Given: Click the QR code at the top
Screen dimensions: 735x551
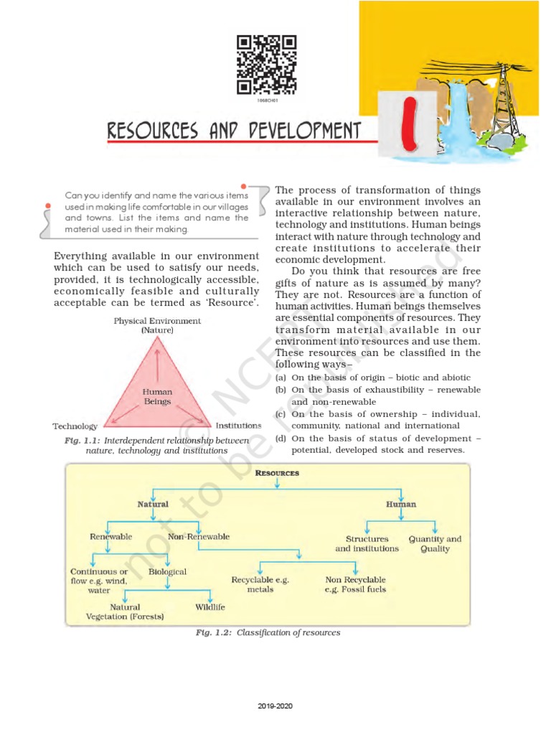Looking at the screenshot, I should point(266,65).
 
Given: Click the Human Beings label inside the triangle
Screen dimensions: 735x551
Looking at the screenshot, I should point(157,397).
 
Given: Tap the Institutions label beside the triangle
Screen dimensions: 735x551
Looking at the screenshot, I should point(238,426).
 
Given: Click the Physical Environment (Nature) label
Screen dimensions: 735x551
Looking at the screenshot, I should point(157,325).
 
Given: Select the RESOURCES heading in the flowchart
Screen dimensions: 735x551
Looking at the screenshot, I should point(277,474).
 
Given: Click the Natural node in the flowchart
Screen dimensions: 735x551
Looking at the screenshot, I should point(153,505).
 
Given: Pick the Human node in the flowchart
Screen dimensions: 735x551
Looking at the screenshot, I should point(400,505).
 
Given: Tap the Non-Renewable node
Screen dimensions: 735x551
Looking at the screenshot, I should point(199,536).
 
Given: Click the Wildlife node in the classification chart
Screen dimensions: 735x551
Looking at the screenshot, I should point(210,607).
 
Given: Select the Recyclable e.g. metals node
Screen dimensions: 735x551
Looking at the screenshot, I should point(260,584).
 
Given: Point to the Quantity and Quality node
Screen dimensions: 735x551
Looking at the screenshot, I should point(435,543).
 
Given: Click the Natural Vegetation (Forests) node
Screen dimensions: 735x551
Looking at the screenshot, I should point(125,612).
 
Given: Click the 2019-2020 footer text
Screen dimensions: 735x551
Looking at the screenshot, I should point(275,706).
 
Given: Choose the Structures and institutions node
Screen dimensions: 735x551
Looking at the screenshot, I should point(367,543).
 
